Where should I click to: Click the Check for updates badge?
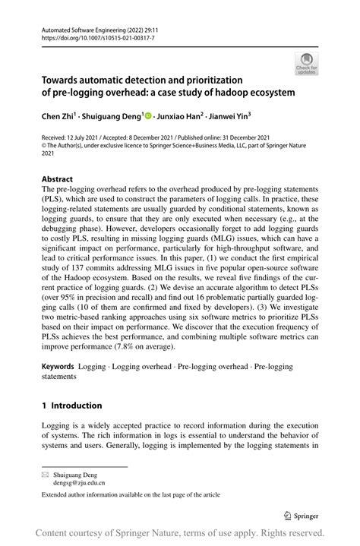click(306, 63)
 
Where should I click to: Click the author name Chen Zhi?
click(62, 117)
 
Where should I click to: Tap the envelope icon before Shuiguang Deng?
click(46, 473)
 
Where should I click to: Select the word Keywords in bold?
click(63, 366)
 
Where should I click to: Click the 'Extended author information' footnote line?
click(131, 494)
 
